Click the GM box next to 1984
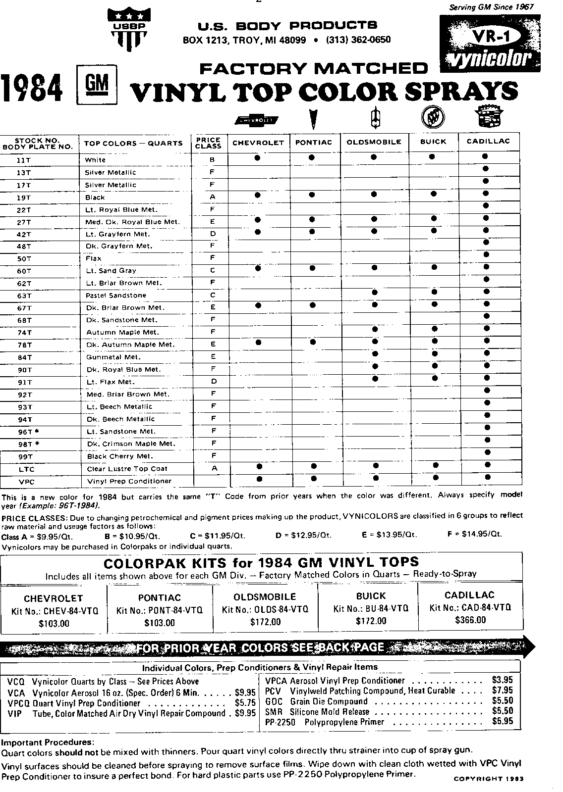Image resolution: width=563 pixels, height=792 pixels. coord(97,86)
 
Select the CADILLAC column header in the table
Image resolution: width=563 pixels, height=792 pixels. coord(488,141)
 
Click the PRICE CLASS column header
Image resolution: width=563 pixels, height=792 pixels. coord(209,143)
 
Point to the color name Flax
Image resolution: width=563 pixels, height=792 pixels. coord(94,258)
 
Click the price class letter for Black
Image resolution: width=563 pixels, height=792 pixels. coord(213,197)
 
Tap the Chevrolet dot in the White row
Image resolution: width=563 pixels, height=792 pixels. coord(257,157)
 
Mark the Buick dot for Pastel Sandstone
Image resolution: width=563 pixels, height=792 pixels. coord(434,292)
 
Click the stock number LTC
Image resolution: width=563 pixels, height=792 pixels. coord(25,469)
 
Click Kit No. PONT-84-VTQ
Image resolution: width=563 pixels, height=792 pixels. coord(160,610)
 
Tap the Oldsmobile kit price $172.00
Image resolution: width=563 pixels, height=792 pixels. coord(265,622)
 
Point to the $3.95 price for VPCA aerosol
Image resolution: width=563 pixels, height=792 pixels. coord(502,680)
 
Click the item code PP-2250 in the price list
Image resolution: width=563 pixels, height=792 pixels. coord(280,722)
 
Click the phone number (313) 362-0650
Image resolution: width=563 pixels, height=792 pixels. coord(358,40)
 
